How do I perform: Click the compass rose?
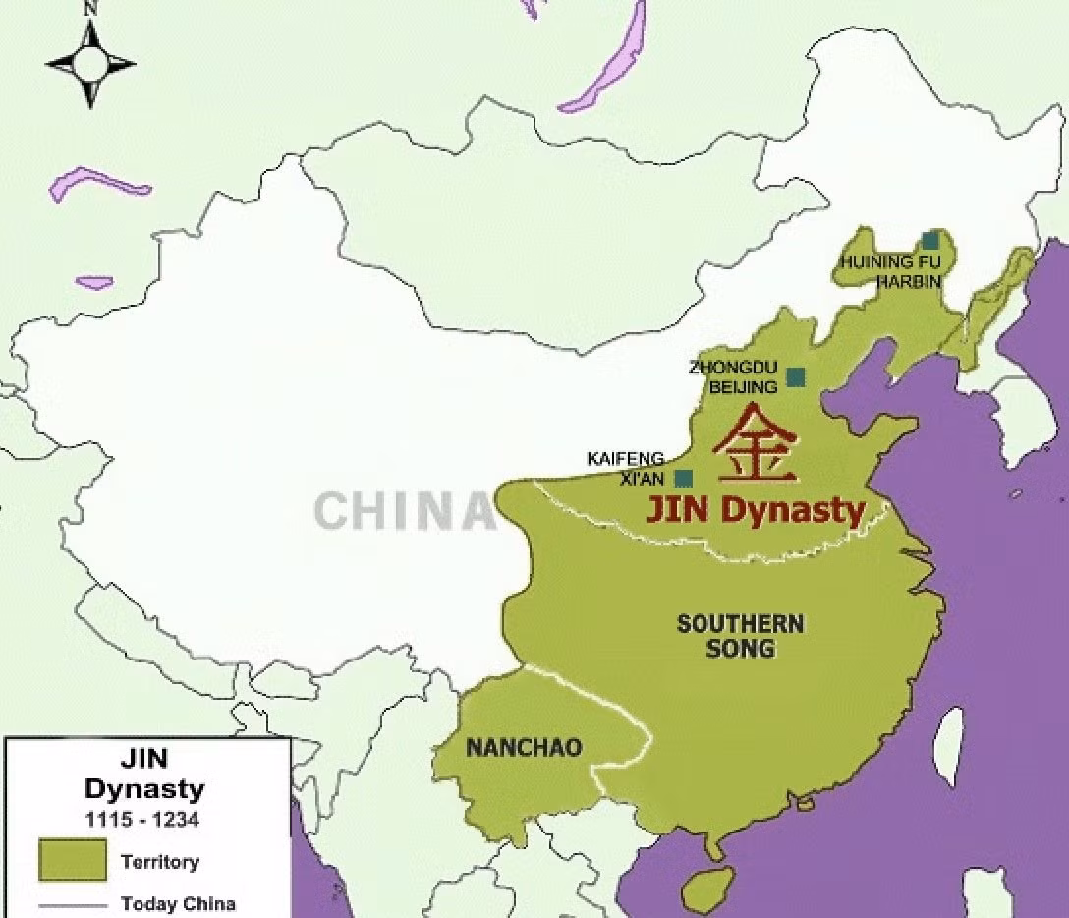(90, 64)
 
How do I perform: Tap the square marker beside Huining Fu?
(930, 240)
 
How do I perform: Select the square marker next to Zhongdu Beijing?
(796, 376)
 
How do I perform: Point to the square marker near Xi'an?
(684, 479)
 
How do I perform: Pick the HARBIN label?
(909, 281)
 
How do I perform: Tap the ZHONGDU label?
(726, 368)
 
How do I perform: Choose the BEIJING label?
(743, 386)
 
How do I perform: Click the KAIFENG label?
(626, 459)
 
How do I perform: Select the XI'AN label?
(644, 479)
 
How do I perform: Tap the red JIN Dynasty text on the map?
(755, 510)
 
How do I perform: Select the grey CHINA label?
(404, 512)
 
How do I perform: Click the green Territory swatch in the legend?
(72, 860)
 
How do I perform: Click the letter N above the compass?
(91, 8)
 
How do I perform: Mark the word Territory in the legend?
(160, 862)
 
